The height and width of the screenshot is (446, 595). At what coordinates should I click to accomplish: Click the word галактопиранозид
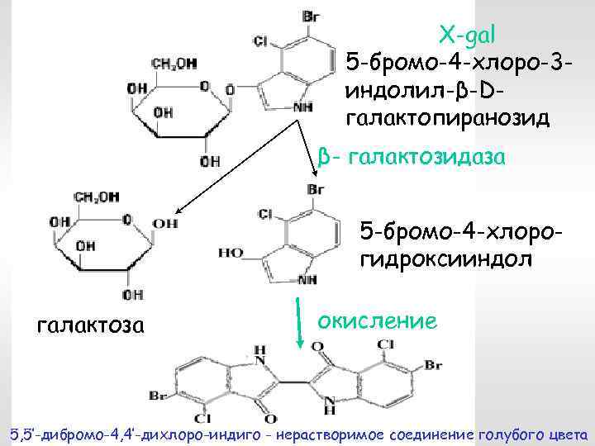pyautogui.click(x=447, y=117)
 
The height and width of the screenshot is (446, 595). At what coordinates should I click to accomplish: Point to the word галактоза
pyautogui.click(x=91, y=326)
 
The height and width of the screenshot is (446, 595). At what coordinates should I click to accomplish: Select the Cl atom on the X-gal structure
pyautogui.click(x=259, y=40)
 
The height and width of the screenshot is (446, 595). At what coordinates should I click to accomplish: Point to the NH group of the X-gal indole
pyautogui.click(x=303, y=108)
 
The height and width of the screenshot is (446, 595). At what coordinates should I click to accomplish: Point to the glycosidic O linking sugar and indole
pyautogui.click(x=230, y=88)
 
